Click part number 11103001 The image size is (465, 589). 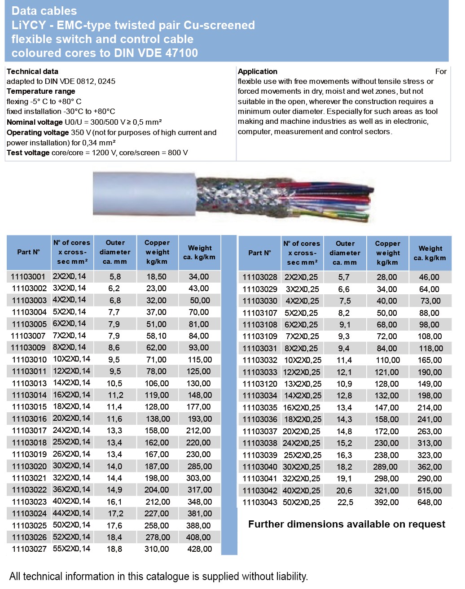[28, 277]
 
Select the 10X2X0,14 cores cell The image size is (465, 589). [71, 359]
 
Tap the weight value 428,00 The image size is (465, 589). [200, 549]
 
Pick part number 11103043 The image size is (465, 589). [260, 502]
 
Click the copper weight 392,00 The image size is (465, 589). [386, 502]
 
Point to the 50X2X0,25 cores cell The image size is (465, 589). [302, 502]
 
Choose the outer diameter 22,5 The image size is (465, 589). [345, 502]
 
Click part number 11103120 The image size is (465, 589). [260, 384]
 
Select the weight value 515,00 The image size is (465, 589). [430, 491]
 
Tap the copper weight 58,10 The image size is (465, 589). [156, 336]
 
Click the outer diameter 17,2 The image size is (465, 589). [115, 514]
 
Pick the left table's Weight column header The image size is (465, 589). [199, 253]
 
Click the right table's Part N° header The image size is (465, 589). [259, 253]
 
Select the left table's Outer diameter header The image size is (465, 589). [115, 252]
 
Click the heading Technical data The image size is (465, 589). [32, 71]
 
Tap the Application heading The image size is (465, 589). [258, 71]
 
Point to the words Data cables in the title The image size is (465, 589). [44, 11]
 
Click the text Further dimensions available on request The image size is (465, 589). [347, 524]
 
